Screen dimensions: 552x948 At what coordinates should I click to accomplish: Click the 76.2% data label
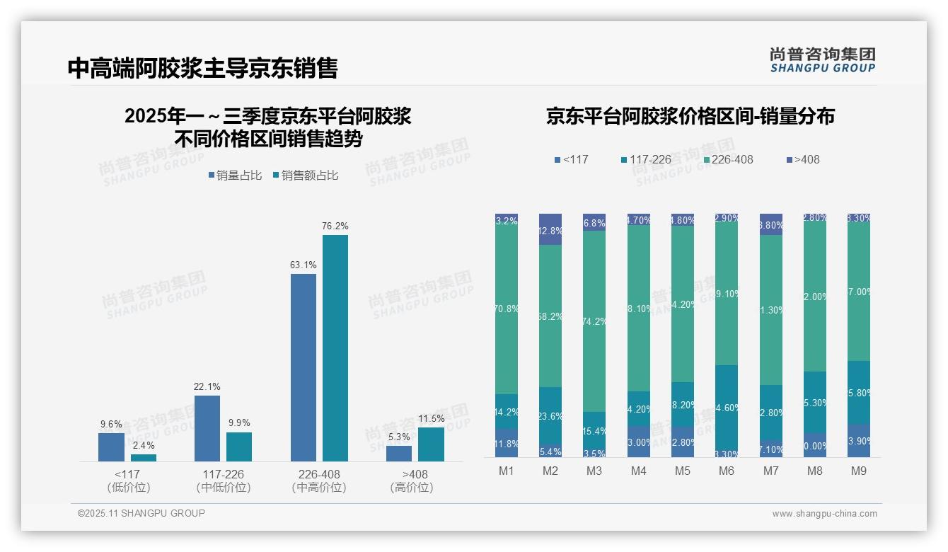pos(335,226)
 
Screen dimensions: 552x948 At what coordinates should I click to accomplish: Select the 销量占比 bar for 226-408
pos(304,367)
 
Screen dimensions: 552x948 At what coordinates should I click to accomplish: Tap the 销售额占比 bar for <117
pos(144,458)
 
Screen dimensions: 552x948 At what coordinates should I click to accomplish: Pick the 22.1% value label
pos(207,387)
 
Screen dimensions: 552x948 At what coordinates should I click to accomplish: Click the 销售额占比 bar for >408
pos(431,444)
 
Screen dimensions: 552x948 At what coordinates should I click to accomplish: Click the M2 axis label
pos(550,471)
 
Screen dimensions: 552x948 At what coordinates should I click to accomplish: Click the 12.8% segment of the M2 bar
pos(550,230)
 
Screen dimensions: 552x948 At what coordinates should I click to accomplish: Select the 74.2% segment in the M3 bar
pos(594,321)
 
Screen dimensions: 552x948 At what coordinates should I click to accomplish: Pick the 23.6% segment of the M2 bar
pos(550,416)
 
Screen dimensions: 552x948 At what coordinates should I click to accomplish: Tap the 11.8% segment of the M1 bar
pos(507,443)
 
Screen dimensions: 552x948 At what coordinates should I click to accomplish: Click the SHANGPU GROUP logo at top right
pos(822,60)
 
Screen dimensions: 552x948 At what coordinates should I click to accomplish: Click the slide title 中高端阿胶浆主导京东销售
pos(203,68)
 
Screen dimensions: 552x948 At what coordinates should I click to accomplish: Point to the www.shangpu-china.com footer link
pos(824,514)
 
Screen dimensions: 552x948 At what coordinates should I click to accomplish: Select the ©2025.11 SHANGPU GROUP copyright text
pos(141,513)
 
